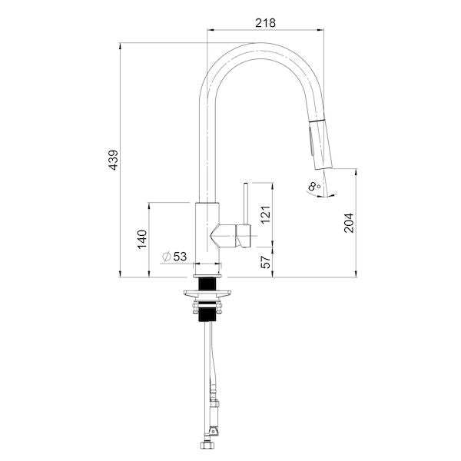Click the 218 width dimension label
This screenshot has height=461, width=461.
[265, 23]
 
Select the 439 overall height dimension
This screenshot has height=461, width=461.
[113, 160]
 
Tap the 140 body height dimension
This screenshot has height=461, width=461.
[142, 239]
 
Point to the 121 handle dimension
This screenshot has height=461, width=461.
[266, 214]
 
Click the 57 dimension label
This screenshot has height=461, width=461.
[266, 262]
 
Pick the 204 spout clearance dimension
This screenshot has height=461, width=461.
[349, 223]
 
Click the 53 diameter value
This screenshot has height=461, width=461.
[180, 257]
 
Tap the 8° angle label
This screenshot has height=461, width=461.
[314, 186]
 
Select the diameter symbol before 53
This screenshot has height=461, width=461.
[167, 257]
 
